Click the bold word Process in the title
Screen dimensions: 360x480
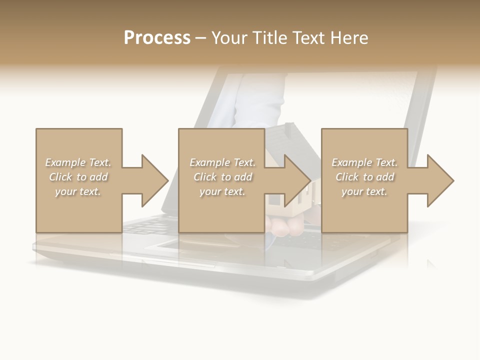(x=157, y=38)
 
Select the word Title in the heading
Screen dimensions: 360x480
(x=270, y=38)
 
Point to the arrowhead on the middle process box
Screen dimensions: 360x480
(x=297, y=180)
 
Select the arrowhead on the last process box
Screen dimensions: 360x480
(x=439, y=180)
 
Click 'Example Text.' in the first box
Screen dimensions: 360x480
(x=78, y=162)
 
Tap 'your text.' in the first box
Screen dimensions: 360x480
(x=78, y=191)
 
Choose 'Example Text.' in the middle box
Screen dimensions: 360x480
(x=222, y=162)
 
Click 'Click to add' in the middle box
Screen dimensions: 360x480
(x=222, y=177)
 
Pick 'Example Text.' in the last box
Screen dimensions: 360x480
(x=364, y=162)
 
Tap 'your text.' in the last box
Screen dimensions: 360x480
(x=364, y=191)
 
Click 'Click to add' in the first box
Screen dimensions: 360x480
(x=78, y=177)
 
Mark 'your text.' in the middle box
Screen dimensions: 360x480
(x=222, y=191)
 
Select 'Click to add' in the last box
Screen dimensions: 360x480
(x=364, y=177)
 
